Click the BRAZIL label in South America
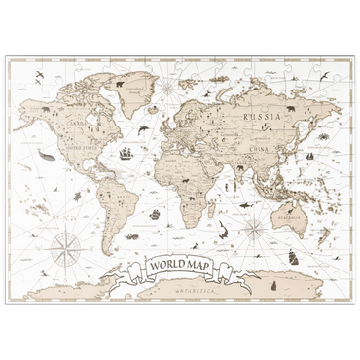click(x=122, y=198)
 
